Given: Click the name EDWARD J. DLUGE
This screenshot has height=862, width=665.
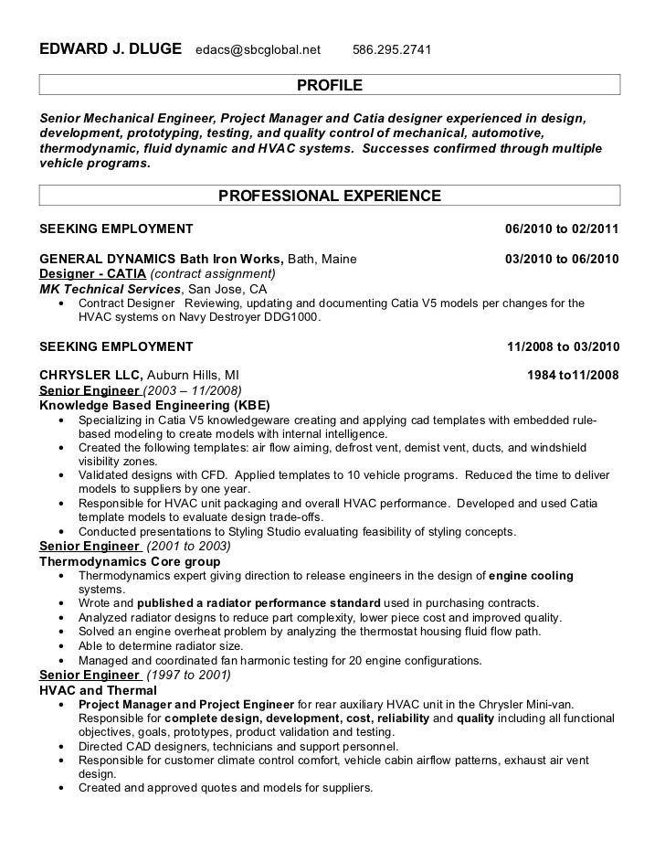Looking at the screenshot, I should click(110, 48).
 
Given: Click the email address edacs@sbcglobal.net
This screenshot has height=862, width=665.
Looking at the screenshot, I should click(258, 48).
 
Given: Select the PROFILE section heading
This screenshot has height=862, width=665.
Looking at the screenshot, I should click(330, 86).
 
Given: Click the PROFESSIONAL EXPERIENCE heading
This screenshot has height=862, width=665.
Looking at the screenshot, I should click(329, 196).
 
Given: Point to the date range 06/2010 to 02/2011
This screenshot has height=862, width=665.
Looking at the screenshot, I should click(562, 228).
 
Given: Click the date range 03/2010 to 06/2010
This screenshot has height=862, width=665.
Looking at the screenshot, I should click(562, 259).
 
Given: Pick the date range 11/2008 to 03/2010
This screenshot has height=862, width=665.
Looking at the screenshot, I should click(564, 346).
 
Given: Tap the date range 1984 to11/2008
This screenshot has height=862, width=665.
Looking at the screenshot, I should click(574, 376).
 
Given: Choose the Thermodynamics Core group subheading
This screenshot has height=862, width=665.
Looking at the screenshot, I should click(130, 560).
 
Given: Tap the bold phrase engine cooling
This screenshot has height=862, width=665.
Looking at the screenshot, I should click(532, 575).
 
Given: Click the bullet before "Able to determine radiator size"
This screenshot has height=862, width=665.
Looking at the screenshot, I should click(60, 646).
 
